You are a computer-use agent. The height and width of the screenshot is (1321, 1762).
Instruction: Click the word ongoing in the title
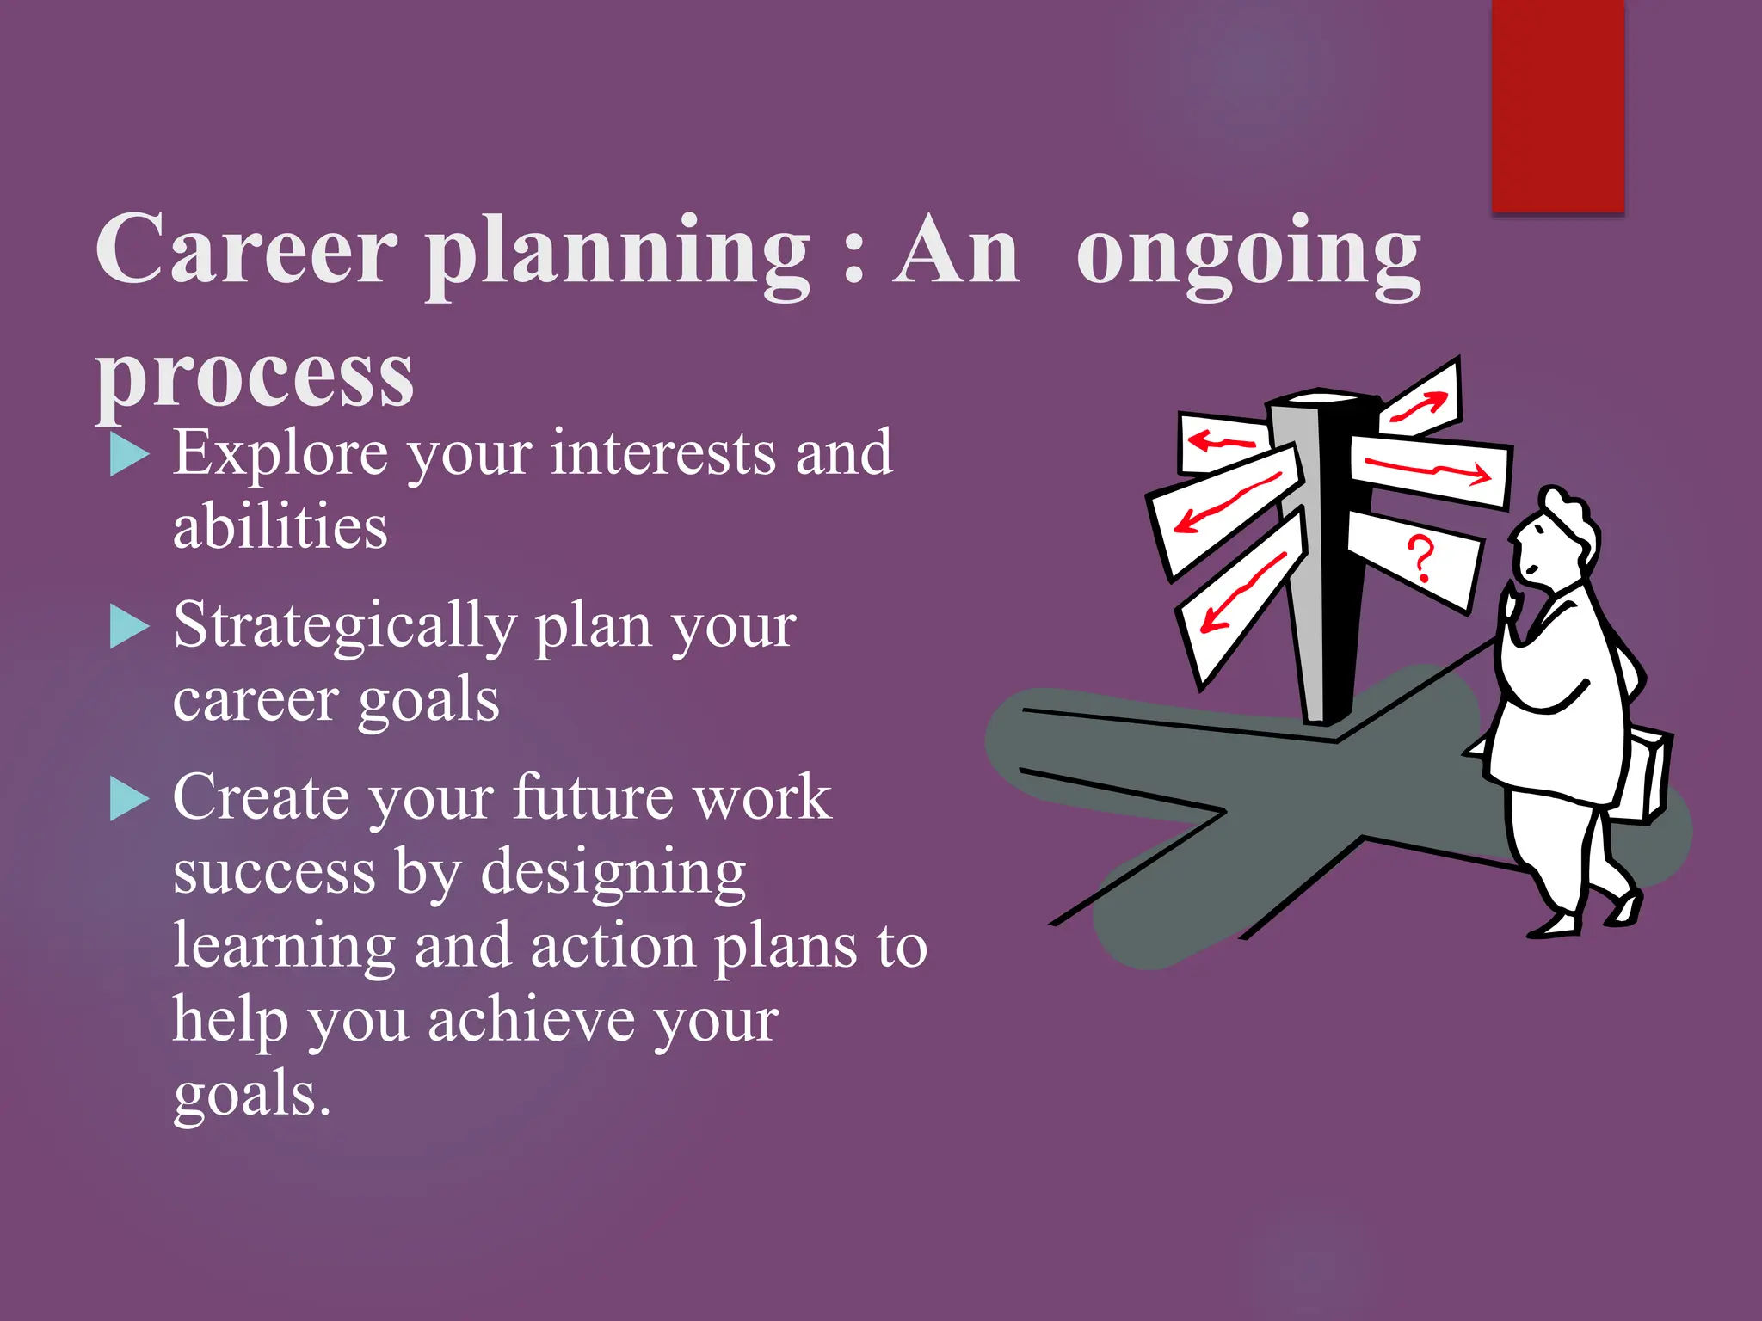[x=1248, y=254]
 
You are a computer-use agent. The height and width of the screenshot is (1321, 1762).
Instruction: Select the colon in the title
[x=853, y=258]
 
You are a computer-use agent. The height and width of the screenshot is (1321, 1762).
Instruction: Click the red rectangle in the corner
[x=1557, y=105]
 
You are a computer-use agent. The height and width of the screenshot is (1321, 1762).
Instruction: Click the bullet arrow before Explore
[x=129, y=455]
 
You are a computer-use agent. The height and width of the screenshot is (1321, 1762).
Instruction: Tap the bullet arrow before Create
[x=129, y=799]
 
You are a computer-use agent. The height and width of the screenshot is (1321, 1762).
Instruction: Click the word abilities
[x=280, y=526]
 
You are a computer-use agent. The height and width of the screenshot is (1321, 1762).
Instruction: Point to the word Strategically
[x=344, y=626]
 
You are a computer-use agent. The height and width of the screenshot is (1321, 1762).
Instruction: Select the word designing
[x=613, y=873]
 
